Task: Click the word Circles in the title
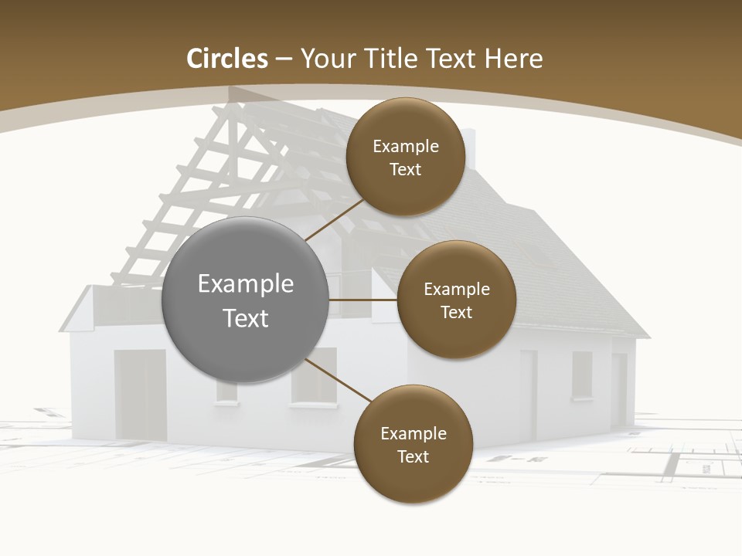coord(226,59)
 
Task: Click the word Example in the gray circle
coord(246,284)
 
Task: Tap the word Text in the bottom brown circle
coord(413,456)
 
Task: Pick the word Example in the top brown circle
coord(406,146)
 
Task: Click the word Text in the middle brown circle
coord(456,312)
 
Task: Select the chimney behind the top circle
coord(468,147)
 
